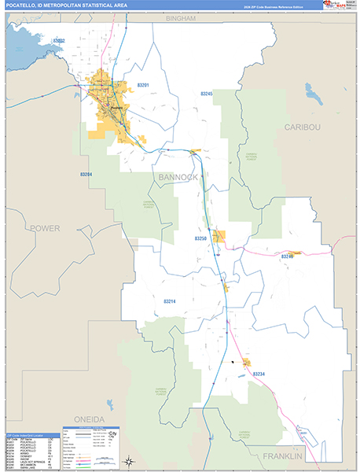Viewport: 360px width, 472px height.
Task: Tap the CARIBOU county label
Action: pyautogui.click(x=303, y=127)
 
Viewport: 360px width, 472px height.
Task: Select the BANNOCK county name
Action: pyautogui.click(x=178, y=178)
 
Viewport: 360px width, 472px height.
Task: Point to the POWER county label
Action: pyautogui.click(x=45, y=228)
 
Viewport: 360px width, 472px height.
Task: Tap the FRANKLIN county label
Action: pyautogui.click(x=282, y=456)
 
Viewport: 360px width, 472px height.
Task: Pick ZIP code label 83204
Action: pyautogui.click(x=86, y=175)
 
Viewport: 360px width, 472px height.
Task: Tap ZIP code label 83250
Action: pyautogui.click(x=200, y=238)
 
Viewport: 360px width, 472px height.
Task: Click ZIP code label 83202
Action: pyautogui.click(x=59, y=40)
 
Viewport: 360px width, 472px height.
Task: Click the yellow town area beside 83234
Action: pyautogui.click(x=246, y=363)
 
